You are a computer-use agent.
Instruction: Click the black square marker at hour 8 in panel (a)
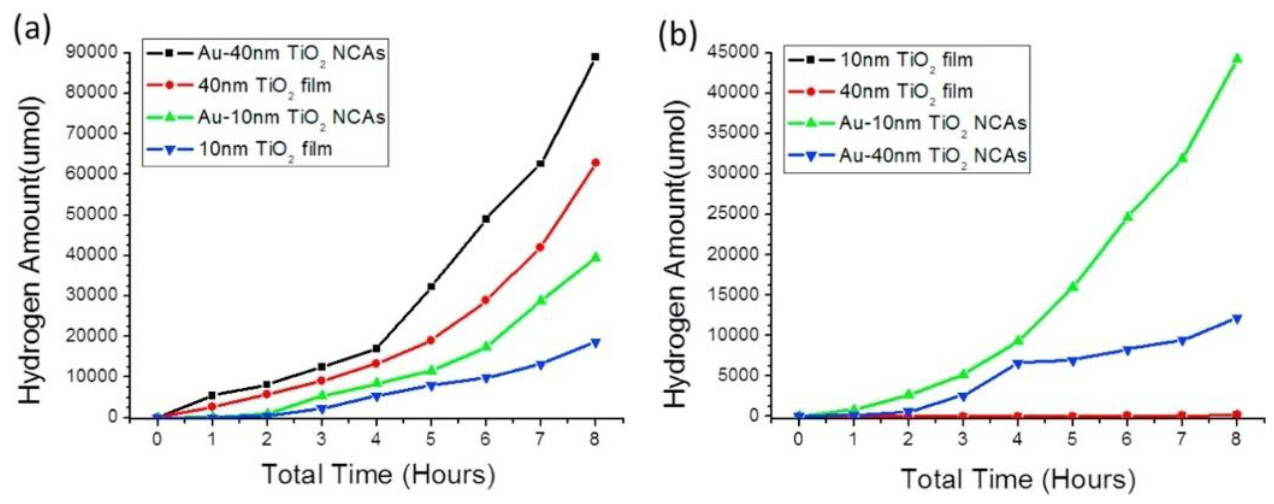[595, 57]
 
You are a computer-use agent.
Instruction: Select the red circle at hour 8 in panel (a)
[595, 162]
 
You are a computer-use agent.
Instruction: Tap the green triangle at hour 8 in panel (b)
[1237, 59]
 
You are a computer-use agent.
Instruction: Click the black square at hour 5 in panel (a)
[431, 286]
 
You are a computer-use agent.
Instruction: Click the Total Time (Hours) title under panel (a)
[378, 474]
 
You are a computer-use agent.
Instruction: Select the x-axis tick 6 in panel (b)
[1127, 439]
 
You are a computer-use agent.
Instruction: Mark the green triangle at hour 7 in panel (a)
[541, 300]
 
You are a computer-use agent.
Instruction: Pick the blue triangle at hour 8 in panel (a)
[595, 343]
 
